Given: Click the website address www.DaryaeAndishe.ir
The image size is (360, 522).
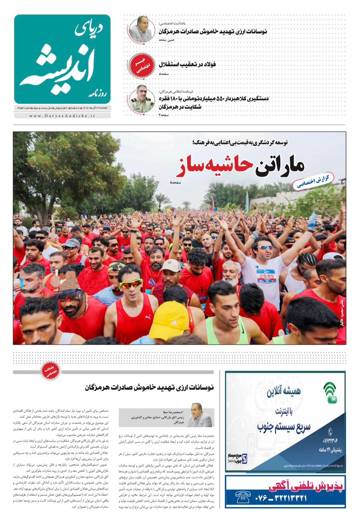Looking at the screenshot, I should coord(62,116).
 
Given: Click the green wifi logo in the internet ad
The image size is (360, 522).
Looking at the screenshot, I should coord(330,392).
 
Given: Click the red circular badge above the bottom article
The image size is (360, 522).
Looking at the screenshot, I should coord(51,372).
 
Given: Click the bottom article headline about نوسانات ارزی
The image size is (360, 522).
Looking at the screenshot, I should coord(149,387).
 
